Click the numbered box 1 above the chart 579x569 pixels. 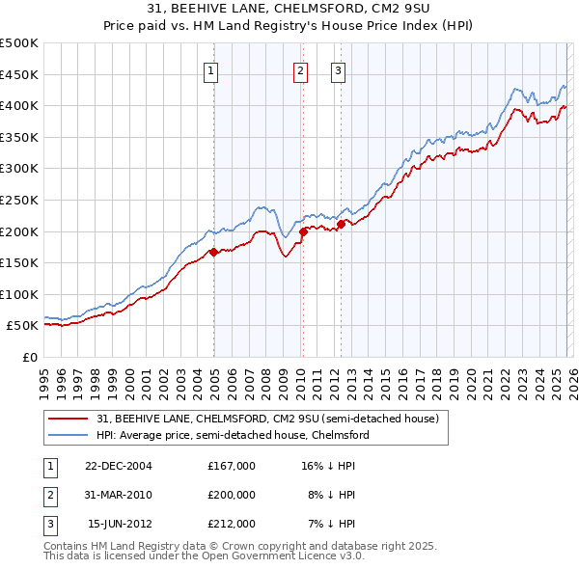click(x=210, y=69)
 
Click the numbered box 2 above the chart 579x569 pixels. click(x=301, y=69)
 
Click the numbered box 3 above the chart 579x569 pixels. click(x=339, y=69)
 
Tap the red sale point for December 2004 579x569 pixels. click(x=213, y=253)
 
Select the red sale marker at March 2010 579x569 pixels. click(x=303, y=231)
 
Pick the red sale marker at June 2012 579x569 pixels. click(x=341, y=224)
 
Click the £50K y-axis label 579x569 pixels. click(x=23, y=326)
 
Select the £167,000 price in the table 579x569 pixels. click(x=232, y=466)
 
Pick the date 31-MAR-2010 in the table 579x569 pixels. click(x=119, y=495)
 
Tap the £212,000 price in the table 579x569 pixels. click(x=232, y=524)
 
